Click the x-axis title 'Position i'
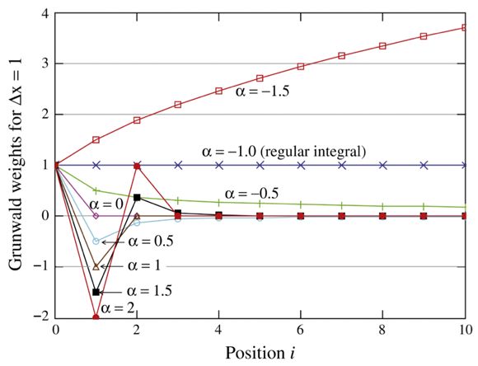262,353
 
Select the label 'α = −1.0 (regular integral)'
283,152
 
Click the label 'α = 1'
143,266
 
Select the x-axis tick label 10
464,331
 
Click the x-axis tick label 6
301,331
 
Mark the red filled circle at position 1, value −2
96,317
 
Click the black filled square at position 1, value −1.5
96,292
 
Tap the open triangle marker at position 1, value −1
96,266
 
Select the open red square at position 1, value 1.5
96,140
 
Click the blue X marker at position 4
219,165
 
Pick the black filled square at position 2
137,197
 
